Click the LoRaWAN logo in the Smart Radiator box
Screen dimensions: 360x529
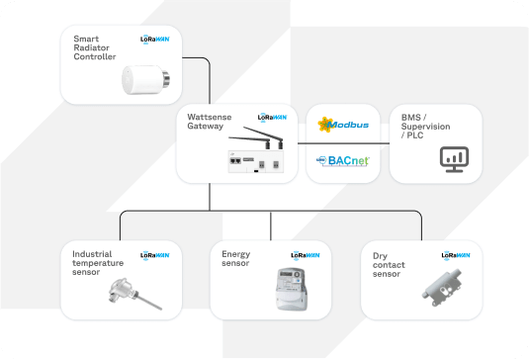coord(156,42)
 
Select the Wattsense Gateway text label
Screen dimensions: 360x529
coord(211,123)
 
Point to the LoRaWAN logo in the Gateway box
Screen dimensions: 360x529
coord(273,117)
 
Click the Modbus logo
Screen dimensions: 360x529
coord(342,125)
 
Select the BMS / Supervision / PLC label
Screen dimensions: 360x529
coord(428,126)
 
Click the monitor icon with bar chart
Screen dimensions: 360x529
coord(455,157)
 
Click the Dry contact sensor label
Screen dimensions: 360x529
coord(387,265)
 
